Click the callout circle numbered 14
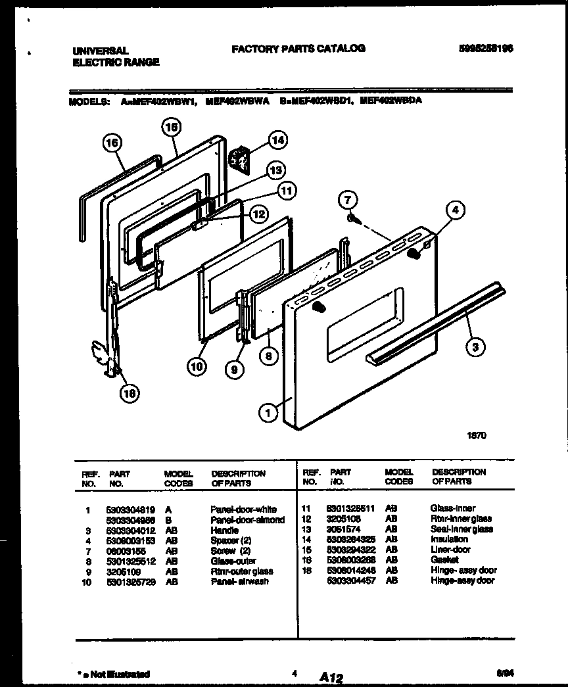tap(278, 139)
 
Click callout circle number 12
tap(258, 214)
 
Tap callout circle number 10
tap(196, 366)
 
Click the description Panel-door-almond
tap(247, 519)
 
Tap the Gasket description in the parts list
tap(444, 560)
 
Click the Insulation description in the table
tap(449, 539)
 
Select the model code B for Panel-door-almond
tap(168, 519)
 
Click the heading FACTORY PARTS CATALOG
tap(298, 49)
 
